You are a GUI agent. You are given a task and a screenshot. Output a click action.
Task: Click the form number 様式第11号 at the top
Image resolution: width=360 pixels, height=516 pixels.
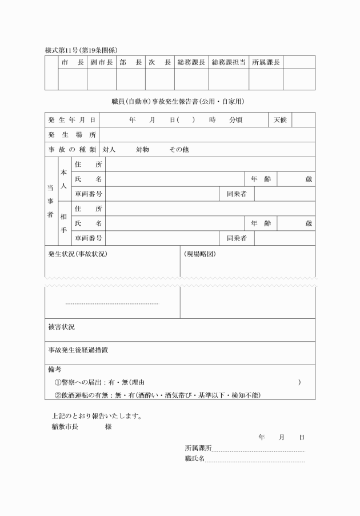click(63, 50)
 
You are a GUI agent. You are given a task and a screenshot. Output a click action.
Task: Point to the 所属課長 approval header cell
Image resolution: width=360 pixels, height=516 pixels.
click(266, 62)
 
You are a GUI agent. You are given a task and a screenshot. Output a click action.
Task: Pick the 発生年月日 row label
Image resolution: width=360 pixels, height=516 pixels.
click(71, 120)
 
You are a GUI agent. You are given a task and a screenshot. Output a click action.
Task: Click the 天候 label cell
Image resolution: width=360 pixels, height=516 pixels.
click(280, 120)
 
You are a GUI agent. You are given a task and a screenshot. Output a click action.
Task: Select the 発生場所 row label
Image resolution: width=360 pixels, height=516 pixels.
click(71, 135)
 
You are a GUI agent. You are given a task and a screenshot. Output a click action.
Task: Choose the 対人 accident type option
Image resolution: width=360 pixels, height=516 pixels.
click(109, 150)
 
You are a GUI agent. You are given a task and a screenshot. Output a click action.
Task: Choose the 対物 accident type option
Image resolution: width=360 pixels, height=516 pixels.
click(142, 150)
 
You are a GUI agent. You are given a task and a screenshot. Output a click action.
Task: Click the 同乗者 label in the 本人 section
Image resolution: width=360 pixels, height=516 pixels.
click(237, 194)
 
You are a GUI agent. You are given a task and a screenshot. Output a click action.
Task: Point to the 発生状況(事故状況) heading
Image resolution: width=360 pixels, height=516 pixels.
click(78, 253)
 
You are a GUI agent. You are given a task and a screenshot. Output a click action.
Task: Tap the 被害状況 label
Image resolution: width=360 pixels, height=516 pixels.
click(61, 327)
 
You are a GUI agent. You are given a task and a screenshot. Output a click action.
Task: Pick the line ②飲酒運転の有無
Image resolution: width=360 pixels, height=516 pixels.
click(158, 395)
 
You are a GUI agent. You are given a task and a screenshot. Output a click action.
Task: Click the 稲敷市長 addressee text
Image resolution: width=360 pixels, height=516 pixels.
click(64, 426)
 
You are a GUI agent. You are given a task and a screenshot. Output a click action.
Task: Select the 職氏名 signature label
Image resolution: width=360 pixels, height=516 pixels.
click(194, 458)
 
